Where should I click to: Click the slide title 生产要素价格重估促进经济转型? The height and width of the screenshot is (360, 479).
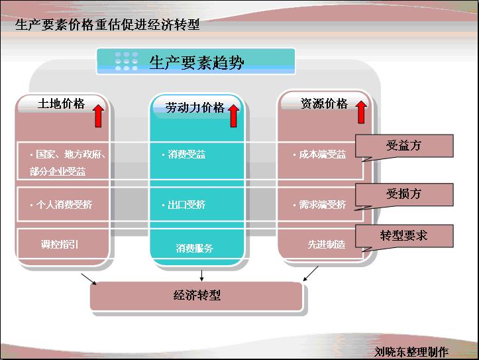tap(107, 26)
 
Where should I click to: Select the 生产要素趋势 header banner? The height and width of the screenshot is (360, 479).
tap(196, 62)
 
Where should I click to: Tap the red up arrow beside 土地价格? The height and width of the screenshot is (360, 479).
tap(97, 115)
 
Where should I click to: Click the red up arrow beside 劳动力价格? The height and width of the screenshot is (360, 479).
tap(233, 115)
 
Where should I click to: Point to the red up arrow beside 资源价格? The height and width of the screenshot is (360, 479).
tap(361, 112)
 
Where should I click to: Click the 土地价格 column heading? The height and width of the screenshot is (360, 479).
tap(61, 104)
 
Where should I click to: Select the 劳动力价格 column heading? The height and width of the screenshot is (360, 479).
tap(195, 107)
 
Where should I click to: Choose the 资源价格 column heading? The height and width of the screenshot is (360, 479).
tap(324, 103)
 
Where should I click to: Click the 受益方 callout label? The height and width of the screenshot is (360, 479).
tap(403, 146)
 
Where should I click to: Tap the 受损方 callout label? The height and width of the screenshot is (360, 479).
tap(403, 194)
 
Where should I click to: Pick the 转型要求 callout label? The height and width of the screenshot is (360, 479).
tap(403, 235)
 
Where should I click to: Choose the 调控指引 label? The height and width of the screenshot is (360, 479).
tap(59, 244)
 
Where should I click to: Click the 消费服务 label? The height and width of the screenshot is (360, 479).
tap(195, 249)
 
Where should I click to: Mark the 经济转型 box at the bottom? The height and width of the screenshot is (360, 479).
tap(197, 296)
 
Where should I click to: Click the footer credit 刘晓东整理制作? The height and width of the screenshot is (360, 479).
tap(411, 352)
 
